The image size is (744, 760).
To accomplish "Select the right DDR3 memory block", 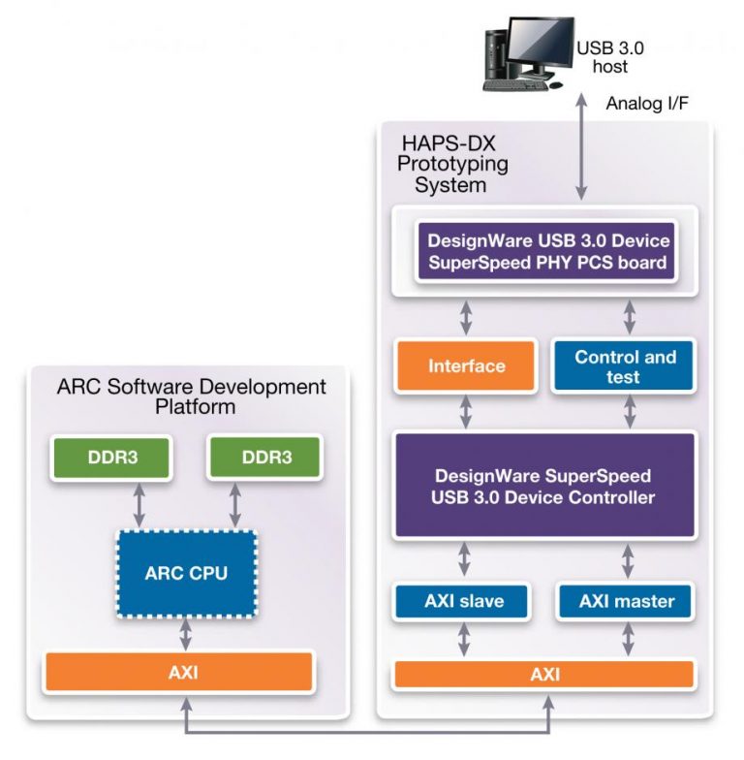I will point(264,458).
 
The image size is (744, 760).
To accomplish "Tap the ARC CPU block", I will point(186,573).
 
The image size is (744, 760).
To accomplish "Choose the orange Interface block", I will point(466,366).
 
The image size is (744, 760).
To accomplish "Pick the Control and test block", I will point(625,366).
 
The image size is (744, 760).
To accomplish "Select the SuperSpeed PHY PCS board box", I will point(543,252).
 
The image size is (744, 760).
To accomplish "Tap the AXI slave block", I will point(463,601).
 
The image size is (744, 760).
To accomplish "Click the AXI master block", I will point(627,601).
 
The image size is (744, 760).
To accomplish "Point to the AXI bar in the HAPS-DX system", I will point(543,674).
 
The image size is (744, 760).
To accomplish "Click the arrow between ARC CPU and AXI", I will point(184,634).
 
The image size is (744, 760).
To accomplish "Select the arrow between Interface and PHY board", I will point(466,318).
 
